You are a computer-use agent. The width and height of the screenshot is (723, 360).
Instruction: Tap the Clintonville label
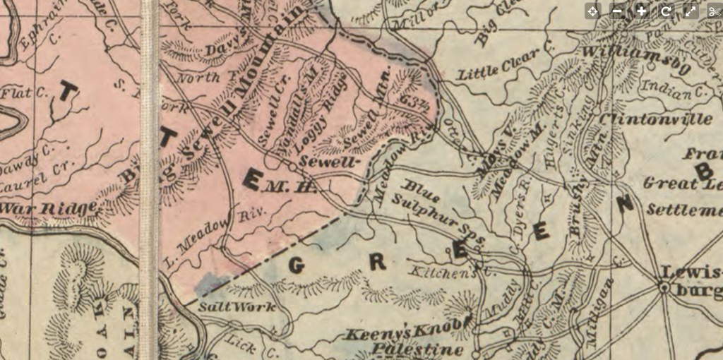click(655, 120)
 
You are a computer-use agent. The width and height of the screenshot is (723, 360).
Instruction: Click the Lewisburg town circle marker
click(664, 288)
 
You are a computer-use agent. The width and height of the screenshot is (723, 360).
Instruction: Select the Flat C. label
click(23, 92)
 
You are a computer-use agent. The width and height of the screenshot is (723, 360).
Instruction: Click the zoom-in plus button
click(641, 11)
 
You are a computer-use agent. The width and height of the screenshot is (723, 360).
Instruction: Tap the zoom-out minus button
click(617, 11)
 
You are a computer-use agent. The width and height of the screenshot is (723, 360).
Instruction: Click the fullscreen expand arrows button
click(690, 11)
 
